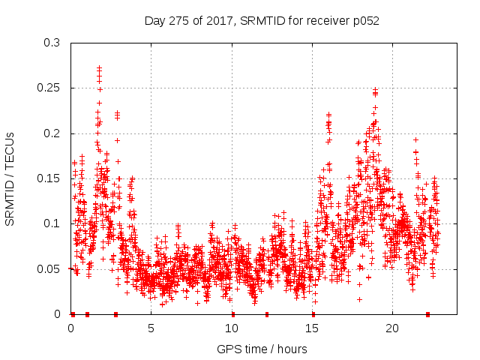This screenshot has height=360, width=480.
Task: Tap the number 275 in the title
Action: [180, 21]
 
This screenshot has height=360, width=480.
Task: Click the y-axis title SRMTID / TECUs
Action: [10, 178]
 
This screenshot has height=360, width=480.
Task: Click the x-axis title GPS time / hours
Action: [262, 349]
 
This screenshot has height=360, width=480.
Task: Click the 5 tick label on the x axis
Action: [151, 328]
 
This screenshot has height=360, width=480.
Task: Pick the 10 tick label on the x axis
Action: [232, 328]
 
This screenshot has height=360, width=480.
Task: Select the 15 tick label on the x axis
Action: [312, 328]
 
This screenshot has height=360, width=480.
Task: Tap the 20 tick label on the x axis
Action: [392, 328]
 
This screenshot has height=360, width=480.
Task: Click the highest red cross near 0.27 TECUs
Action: [99, 68]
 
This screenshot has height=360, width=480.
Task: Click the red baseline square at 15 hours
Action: [313, 314]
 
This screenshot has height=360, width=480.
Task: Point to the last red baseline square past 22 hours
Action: [427, 314]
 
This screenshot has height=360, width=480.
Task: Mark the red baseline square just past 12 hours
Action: [267, 314]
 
